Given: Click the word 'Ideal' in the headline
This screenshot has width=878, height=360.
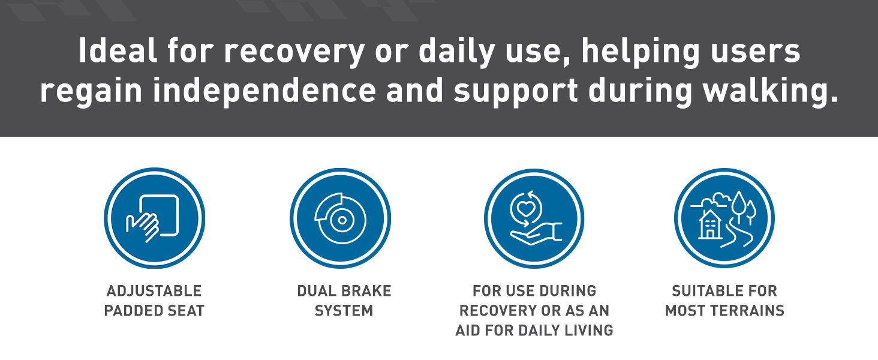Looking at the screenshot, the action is [x=118, y=50].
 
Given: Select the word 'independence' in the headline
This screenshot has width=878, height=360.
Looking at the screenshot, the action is [x=264, y=91].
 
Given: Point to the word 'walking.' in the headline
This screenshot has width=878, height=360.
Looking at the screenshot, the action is [x=770, y=91].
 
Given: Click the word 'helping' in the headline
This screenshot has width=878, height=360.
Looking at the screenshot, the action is [x=641, y=53].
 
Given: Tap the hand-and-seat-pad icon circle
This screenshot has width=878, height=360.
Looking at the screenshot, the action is [x=155, y=218].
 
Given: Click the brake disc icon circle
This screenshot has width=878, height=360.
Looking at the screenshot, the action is [x=340, y=218].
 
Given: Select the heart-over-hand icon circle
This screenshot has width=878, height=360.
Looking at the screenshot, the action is [x=534, y=218].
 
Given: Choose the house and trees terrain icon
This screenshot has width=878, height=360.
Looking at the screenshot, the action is [x=724, y=218].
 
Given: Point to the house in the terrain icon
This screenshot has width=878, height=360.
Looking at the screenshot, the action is [x=710, y=225].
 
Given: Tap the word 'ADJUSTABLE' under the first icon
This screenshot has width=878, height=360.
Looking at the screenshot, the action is [x=154, y=291].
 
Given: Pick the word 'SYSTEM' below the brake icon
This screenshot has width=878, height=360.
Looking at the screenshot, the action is [x=344, y=311].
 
